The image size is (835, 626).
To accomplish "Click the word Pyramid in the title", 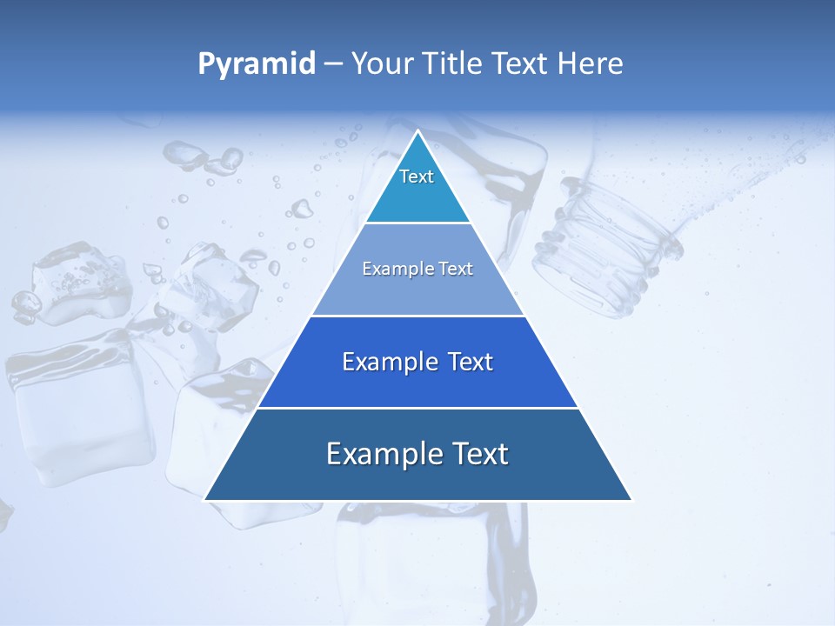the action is (x=257, y=63).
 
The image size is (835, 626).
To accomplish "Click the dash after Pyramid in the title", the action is (x=332, y=64).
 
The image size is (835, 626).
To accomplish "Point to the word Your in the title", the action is (x=380, y=63).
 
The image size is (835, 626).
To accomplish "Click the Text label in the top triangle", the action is (x=417, y=176).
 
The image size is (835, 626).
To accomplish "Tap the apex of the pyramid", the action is (x=417, y=132).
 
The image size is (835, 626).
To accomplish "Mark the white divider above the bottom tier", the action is (x=417, y=408).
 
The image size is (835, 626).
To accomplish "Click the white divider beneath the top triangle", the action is (x=417, y=223).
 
